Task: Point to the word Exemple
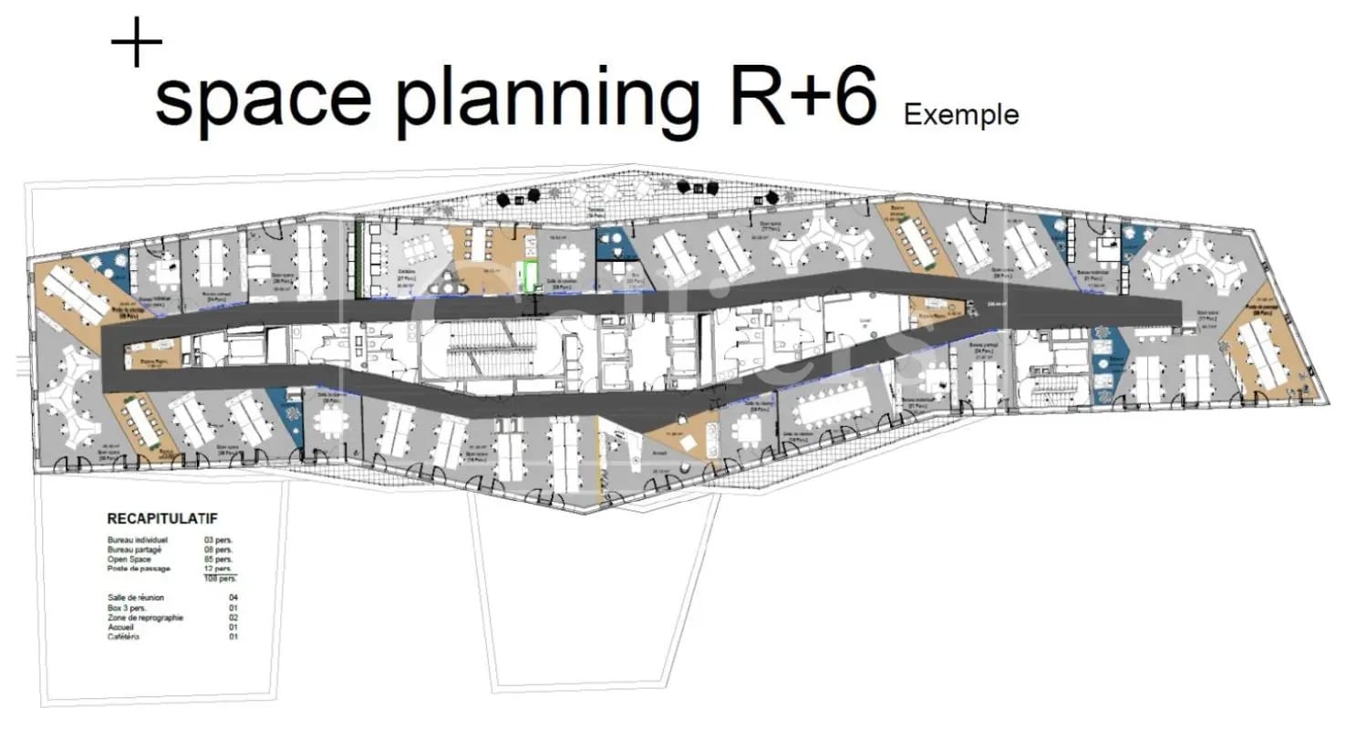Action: (x=961, y=115)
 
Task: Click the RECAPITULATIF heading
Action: (x=162, y=518)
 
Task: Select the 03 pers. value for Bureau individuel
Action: (x=219, y=540)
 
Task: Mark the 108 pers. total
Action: (x=220, y=579)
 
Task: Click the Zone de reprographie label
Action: (x=145, y=617)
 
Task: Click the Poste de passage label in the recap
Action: (x=139, y=568)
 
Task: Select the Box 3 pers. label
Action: (x=127, y=608)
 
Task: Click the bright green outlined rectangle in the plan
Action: (x=528, y=276)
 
